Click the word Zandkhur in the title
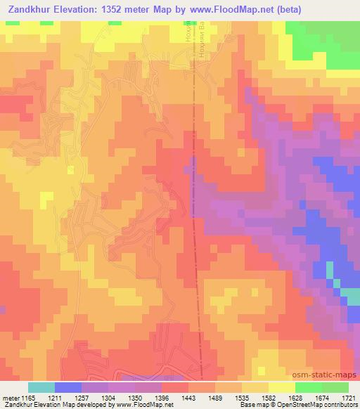coord(29,10)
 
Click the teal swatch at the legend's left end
coord(41,387)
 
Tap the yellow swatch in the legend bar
coord(281,387)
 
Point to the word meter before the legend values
coord(11,397)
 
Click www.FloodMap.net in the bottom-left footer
coord(133,405)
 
